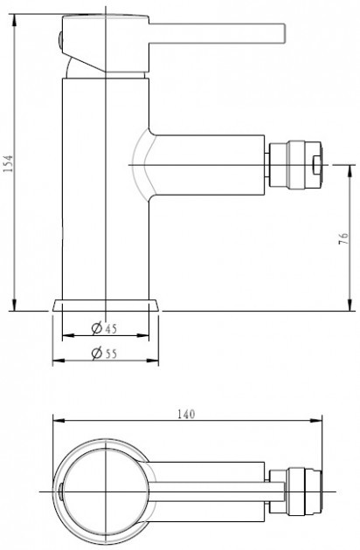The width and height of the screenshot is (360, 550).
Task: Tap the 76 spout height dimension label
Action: pyautogui.click(x=343, y=238)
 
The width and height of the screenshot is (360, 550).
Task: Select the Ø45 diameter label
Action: pyautogui.click(x=104, y=328)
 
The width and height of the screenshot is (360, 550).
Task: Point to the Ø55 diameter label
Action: pyautogui.click(x=104, y=353)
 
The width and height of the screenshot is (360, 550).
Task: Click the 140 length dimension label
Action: pyautogui.click(x=186, y=415)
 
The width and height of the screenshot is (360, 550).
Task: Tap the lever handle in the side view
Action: pyautogui.click(x=217, y=34)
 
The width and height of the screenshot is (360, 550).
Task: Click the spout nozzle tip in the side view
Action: pyautogui.click(x=295, y=165)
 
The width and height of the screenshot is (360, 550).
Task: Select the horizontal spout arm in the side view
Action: pyautogui.click(x=207, y=164)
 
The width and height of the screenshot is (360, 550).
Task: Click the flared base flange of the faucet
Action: pyautogui.click(x=106, y=306)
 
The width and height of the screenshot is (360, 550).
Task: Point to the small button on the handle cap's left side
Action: pyautogui.click(x=60, y=41)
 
